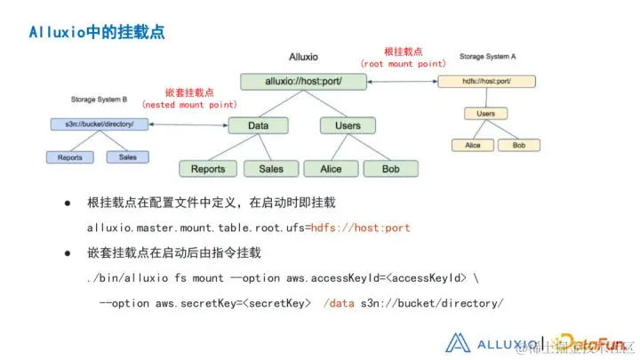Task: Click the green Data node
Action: click(259, 126)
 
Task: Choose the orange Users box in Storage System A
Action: click(486, 113)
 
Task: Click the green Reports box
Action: click(208, 168)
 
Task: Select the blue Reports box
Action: click(71, 157)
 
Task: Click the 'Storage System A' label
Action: click(488, 56)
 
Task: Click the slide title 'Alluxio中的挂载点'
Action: click(96, 33)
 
